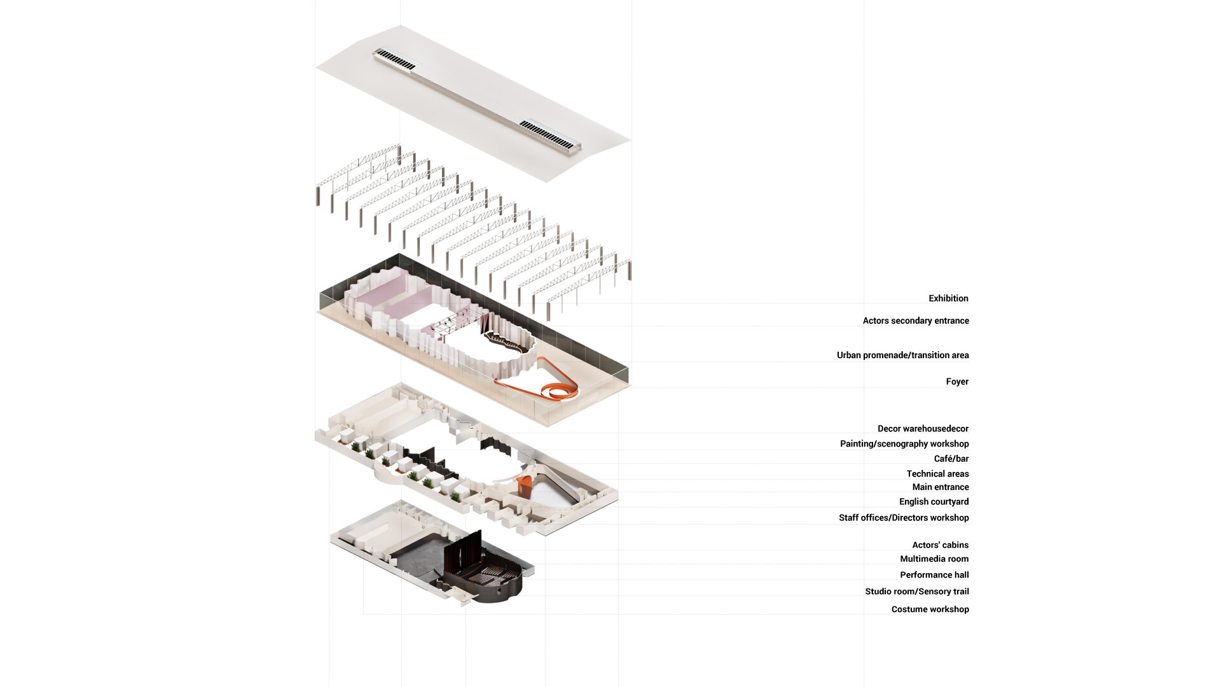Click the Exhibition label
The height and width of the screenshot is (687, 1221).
948,298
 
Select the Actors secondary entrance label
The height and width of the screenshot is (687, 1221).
916,321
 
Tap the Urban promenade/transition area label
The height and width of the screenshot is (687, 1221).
903,355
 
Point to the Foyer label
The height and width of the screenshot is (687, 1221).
957,382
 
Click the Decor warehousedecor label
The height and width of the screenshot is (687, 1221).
923,429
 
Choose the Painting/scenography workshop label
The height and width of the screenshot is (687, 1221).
904,444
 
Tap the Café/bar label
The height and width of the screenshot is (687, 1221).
951,459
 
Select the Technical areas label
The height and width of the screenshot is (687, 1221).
937,474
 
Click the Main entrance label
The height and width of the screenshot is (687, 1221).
941,487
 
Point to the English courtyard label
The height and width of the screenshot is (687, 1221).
934,502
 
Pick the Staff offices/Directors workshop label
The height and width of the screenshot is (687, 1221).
904,518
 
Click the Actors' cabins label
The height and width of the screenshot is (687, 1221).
940,545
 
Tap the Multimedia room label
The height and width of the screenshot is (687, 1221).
934,559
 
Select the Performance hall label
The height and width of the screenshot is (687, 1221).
934,575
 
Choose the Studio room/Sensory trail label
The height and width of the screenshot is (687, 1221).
917,592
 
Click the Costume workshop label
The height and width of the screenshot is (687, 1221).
930,609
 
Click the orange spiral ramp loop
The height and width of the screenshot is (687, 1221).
560,392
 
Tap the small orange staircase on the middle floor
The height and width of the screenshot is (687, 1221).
525,487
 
